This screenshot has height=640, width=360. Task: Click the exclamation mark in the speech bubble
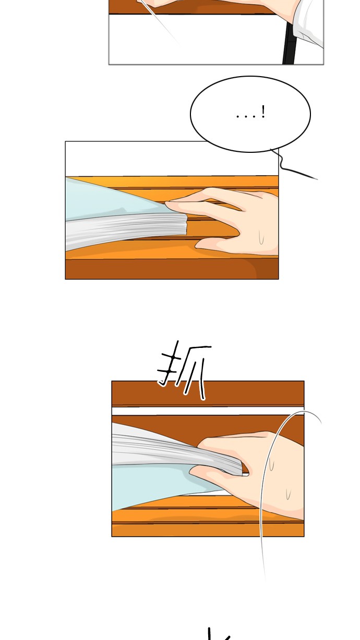click(263, 112)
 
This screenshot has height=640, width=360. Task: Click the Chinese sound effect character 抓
click(184, 371)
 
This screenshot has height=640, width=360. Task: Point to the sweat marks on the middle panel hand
click(261, 237)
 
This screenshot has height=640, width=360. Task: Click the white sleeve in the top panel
click(310, 21)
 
